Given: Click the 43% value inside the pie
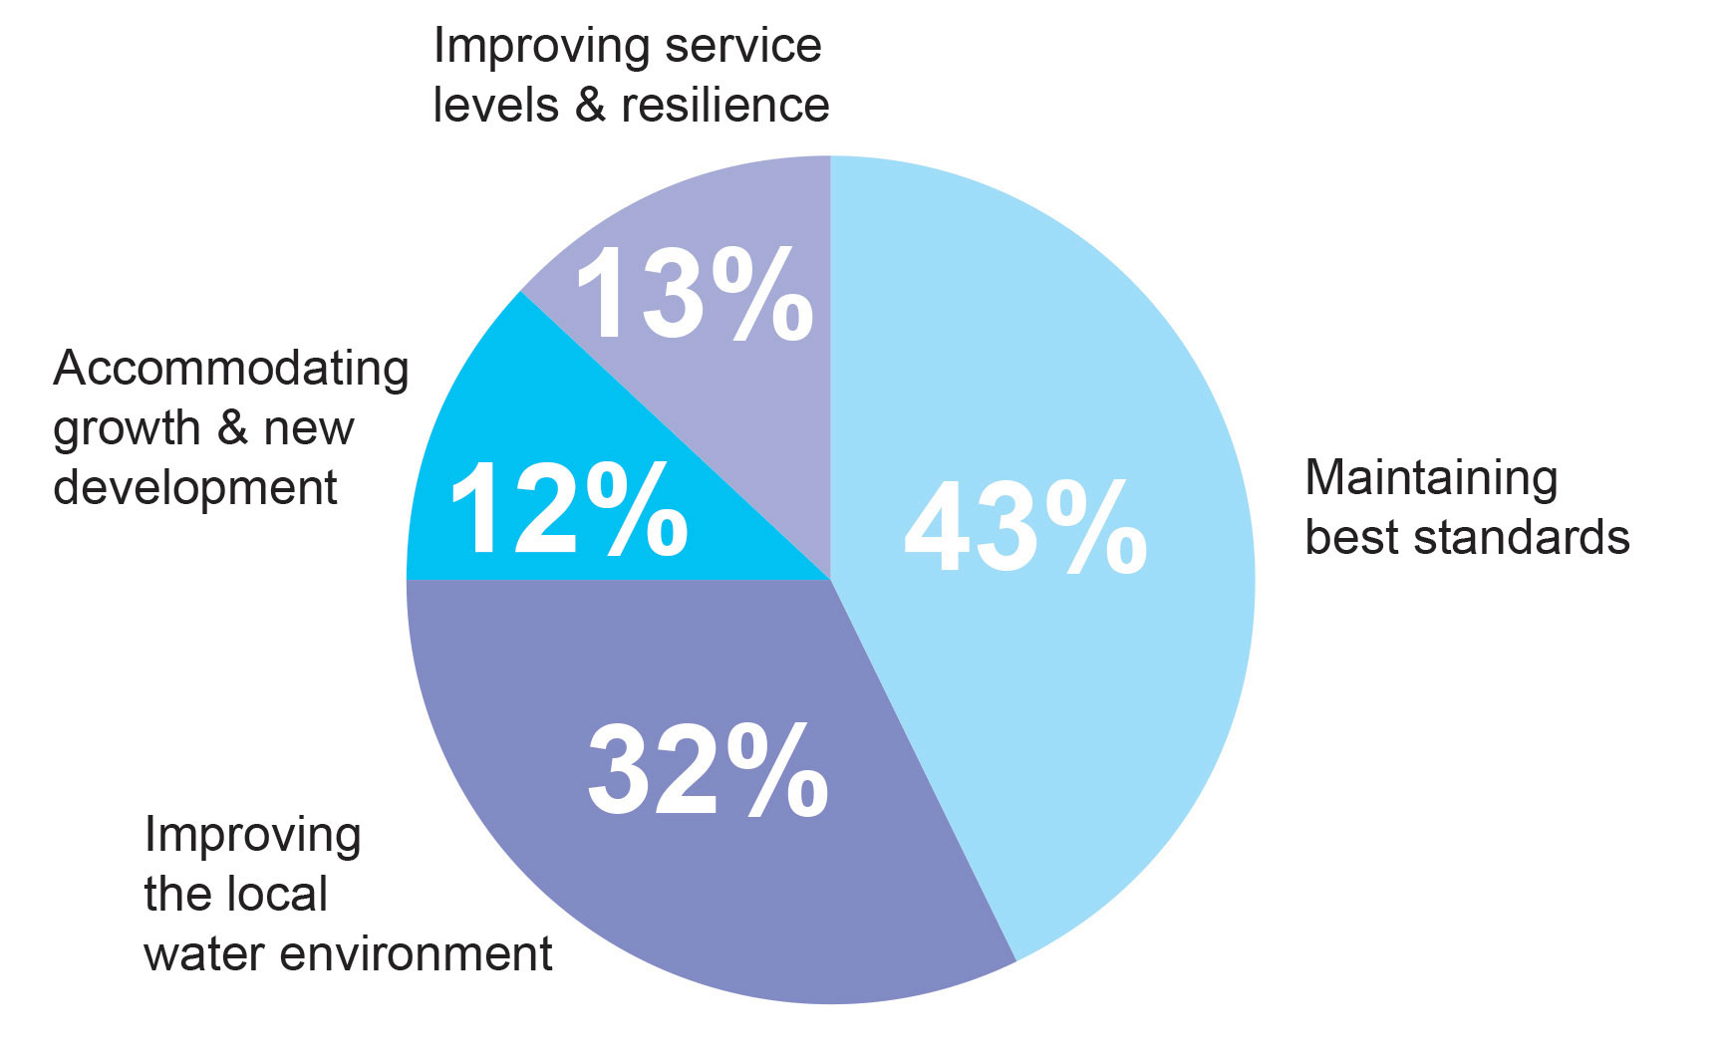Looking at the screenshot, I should click(1025, 528).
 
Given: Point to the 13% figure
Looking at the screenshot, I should click(695, 295).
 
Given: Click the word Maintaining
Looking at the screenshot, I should click(1431, 478).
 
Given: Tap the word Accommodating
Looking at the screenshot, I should click(231, 370).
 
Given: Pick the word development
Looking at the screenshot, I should click(195, 488).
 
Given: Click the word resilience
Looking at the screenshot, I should click(725, 106).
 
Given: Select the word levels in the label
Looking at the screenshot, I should click(495, 106).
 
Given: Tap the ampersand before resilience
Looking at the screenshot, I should click(590, 106).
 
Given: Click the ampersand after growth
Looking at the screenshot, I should click(231, 428).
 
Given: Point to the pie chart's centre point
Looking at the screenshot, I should click(830, 580).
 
